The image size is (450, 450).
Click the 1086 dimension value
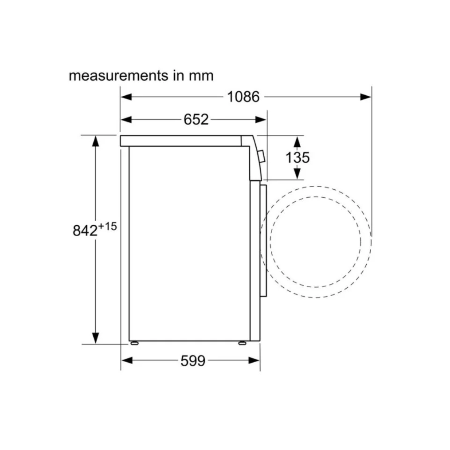243,97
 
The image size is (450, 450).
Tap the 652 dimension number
196,120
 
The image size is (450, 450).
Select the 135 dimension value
298,157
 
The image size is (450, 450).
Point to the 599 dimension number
193,361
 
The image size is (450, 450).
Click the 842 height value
85,231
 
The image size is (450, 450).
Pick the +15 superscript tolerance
108,226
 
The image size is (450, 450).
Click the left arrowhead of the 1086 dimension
126,97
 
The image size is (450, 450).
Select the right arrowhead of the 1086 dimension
366,97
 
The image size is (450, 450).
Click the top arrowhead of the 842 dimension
96,141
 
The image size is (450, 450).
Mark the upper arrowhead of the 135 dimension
297,142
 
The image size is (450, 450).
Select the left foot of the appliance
133,343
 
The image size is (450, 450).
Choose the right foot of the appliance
242,343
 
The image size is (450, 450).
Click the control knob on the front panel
262,156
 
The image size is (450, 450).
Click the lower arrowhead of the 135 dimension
297,173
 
